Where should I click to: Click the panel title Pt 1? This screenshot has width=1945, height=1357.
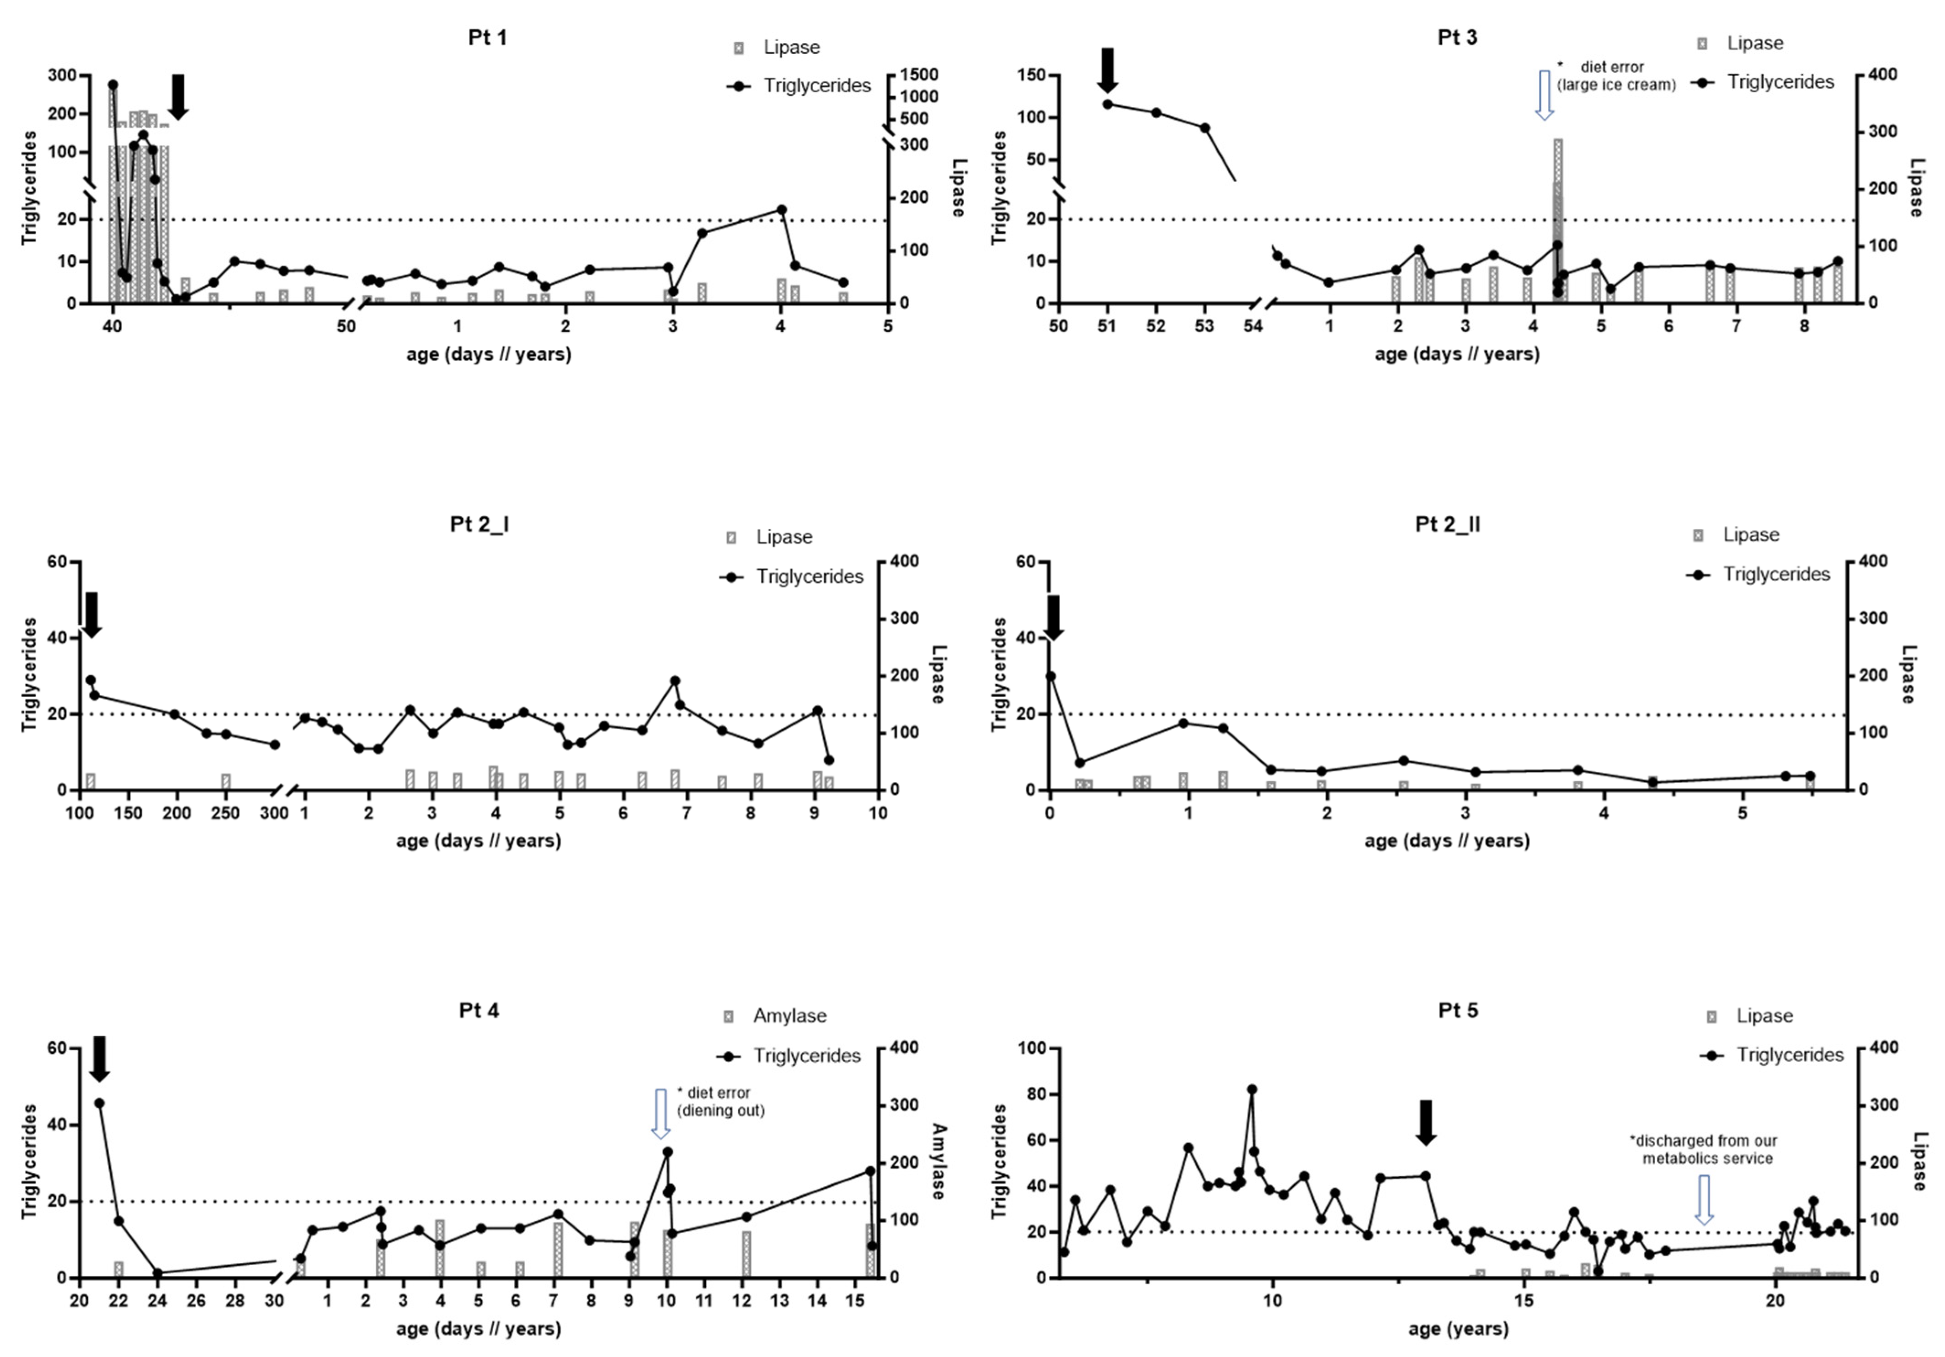[487, 37]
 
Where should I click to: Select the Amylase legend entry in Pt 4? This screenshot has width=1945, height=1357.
[775, 1015]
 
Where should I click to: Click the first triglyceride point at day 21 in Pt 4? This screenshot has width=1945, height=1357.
[99, 1103]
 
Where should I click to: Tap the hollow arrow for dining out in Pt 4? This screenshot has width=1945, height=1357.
[660, 1113]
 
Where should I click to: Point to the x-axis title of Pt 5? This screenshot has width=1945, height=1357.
[1458, 1329]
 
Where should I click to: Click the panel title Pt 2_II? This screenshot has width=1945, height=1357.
[1448, 524]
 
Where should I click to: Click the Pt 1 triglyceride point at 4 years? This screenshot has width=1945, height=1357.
[781, 209]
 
